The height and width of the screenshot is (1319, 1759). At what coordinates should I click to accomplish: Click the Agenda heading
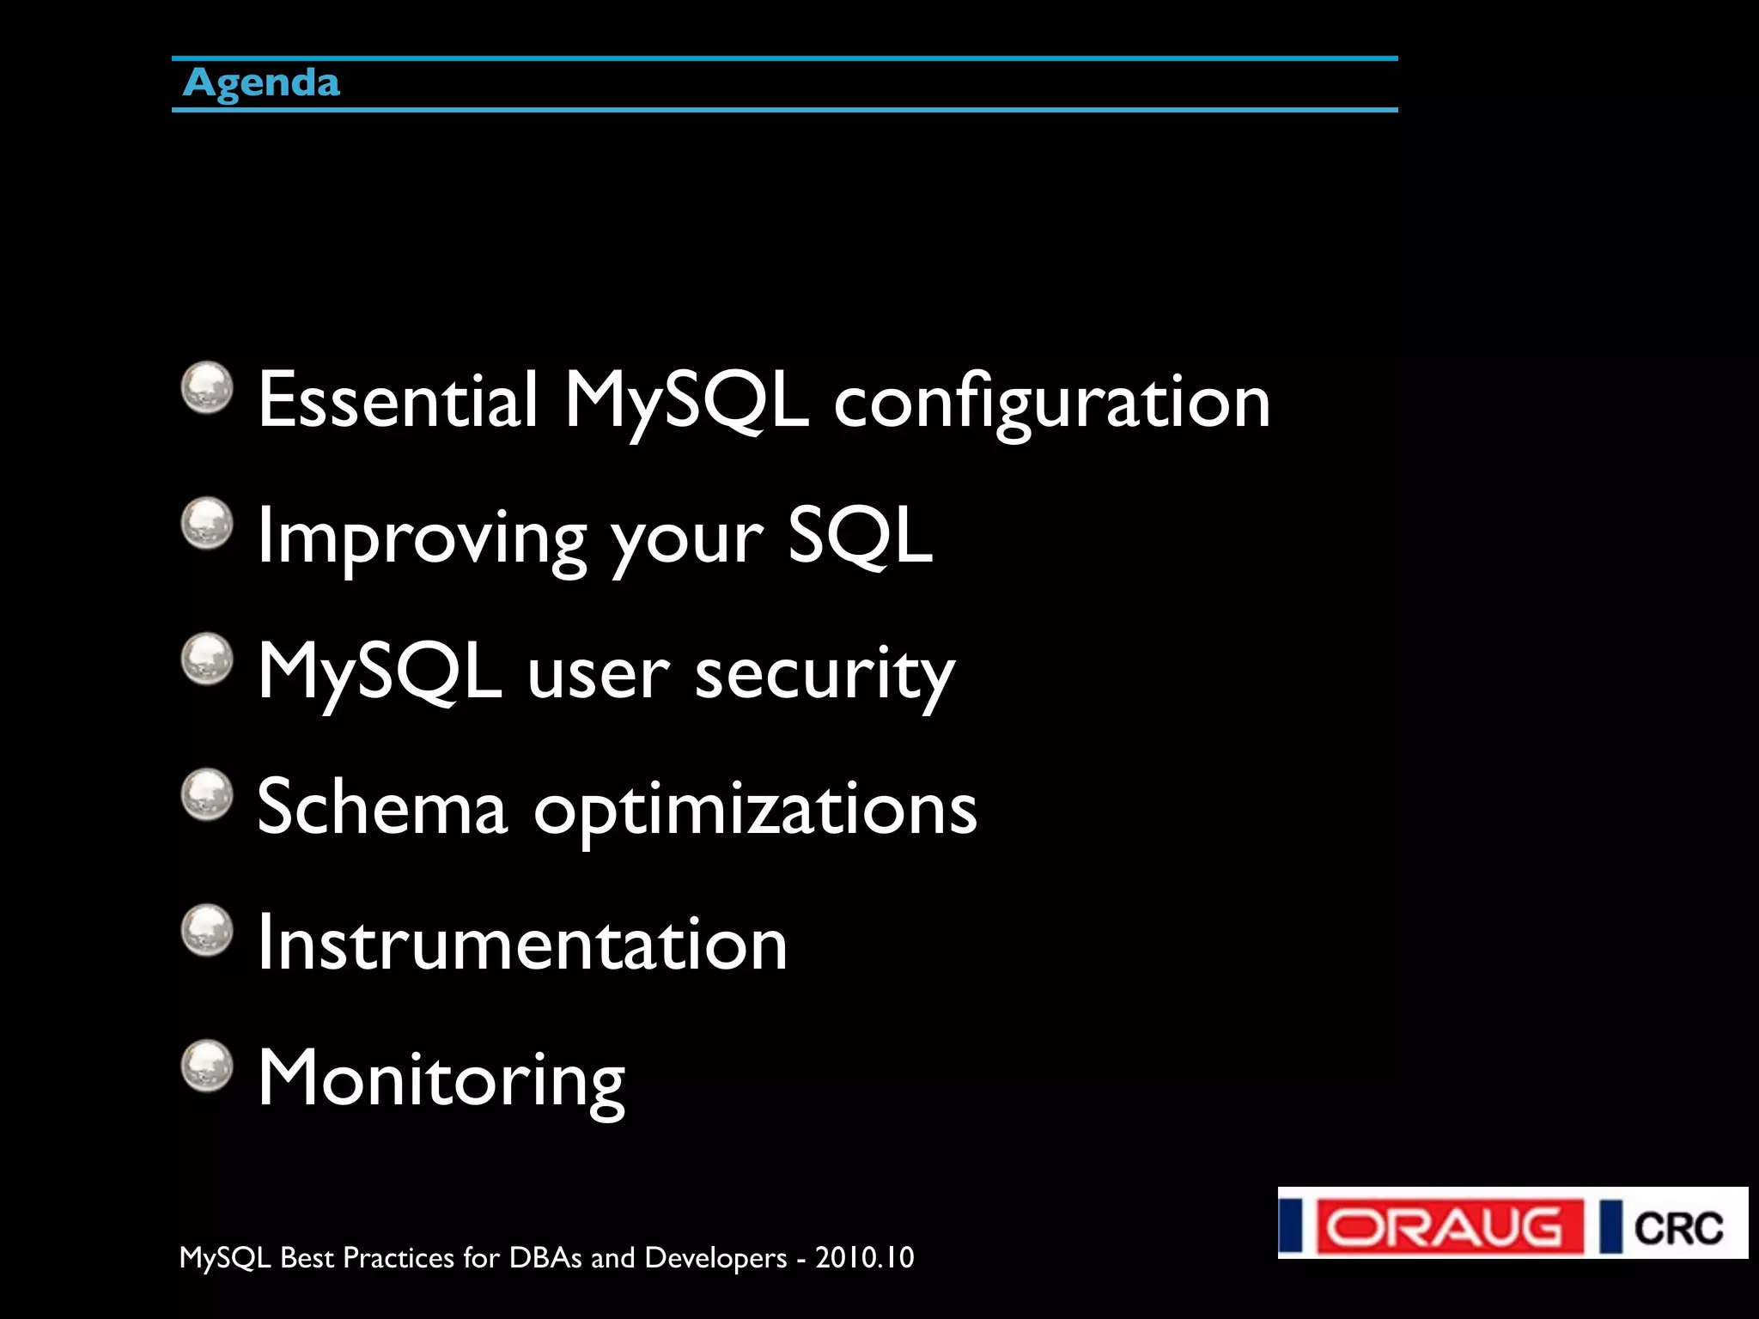(x=262, y=83)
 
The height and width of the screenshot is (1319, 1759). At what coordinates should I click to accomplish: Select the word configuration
(x=1051, y=404)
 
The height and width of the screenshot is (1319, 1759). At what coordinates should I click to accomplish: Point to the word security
(x=825, y=675)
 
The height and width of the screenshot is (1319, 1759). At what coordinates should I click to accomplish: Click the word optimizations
(x=755, y=812)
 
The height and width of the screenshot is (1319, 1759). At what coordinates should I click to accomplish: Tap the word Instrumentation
(x=522, y=944)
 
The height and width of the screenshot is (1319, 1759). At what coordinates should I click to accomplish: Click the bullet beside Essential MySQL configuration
(x=207, y=387)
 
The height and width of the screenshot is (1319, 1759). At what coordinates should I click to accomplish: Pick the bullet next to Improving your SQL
(x=207, y=523)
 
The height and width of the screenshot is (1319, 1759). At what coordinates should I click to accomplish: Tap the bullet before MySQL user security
(x=207, y=659)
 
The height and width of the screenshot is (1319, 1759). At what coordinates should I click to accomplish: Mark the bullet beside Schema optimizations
(x=207, y=794)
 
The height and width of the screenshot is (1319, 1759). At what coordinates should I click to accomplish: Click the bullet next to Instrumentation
(x=207, y=930)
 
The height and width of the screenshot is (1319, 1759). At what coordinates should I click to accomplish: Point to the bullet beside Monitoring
(x=207, y=1067)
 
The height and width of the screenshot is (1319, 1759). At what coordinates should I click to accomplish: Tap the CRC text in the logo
(x=1678, y=1228)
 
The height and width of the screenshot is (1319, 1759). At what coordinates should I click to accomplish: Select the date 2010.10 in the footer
(x=865, y=1258)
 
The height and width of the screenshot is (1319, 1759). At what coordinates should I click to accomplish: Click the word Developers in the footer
(x=715, y=1258)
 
